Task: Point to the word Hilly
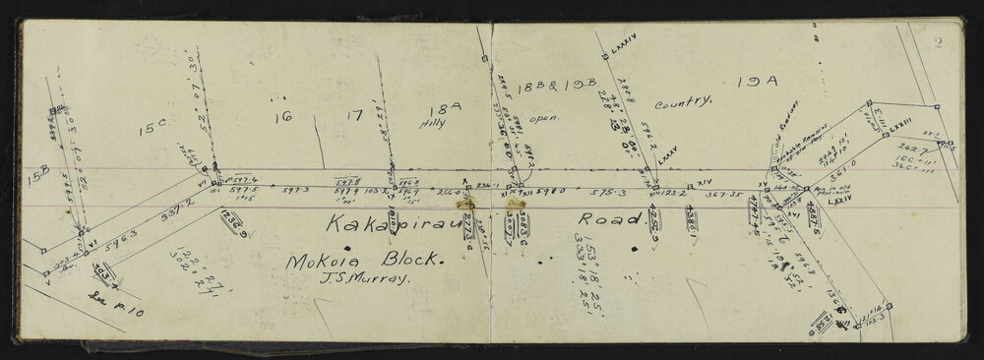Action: coord(434,125)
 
